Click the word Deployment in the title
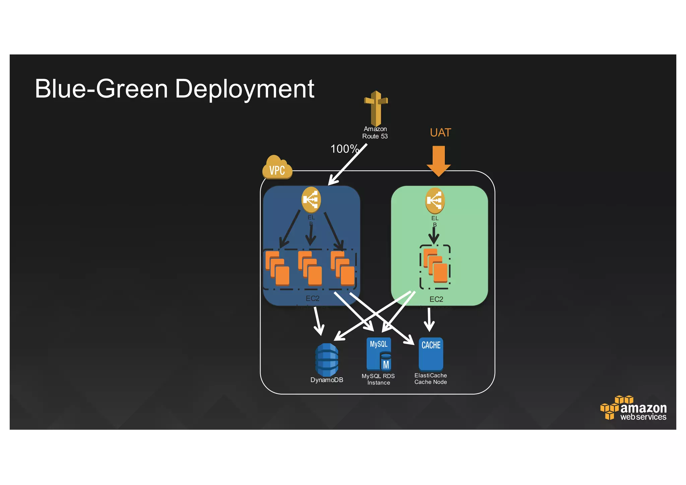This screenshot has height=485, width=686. [245, 89]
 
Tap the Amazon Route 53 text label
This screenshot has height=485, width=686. [375, 133]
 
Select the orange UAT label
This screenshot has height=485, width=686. [440, 133]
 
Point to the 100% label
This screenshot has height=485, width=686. [344, 149]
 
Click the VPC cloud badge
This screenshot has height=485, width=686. [277, 168]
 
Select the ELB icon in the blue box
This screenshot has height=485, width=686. [311, 200]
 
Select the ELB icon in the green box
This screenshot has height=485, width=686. [435, 200]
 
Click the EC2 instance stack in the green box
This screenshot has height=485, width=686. [435, 265]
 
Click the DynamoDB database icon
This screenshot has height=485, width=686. [327, 360]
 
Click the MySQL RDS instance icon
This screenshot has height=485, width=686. [379, 354]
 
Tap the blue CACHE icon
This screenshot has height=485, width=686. [431, 354]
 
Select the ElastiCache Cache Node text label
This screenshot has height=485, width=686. [430, 379]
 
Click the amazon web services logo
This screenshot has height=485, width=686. [634, 408]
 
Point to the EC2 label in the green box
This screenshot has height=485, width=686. [436, 299]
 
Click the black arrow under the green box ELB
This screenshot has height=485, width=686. [434, 236]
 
